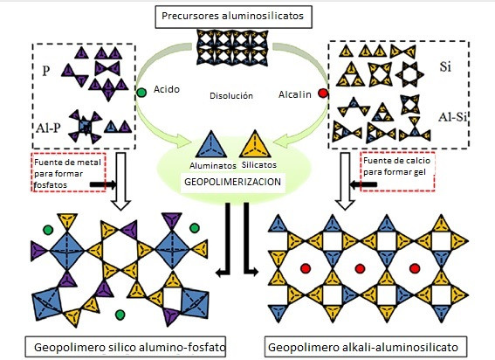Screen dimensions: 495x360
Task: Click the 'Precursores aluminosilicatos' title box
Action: (x=233, y=17)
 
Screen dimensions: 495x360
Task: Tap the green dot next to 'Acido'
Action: (x=141, y=93)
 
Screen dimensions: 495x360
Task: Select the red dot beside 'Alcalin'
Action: (x=323, y=93)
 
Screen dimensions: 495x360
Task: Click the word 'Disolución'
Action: (x=231, y=95)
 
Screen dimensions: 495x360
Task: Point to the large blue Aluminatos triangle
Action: (x=211, y=146)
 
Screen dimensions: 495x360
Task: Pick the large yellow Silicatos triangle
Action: (x=255, y=145)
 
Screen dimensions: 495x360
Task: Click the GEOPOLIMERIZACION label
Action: (x=233, y=182)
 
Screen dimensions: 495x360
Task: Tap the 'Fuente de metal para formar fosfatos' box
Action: (x=68, y=172)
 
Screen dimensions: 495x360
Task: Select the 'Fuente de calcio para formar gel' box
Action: (x=397, y=171)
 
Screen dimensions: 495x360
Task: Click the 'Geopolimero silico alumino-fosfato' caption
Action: (x=126, y=347)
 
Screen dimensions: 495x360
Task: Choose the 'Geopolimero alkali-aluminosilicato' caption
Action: (x=366, y=347)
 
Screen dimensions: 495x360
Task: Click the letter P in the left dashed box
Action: (x=46, y=71)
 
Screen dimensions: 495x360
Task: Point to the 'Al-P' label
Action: (x=48, y=128)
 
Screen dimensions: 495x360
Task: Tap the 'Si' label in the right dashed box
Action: (x=445, y=67)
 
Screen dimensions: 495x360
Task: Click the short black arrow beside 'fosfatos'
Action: (x=103, y=184)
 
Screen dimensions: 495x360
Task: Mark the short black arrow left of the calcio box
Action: (x=364, y=184)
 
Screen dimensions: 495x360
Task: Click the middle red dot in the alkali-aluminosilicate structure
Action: (x=360, y=268)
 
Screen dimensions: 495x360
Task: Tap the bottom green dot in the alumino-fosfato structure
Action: (x=120, y=315)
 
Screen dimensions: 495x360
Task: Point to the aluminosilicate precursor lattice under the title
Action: (x=232, y=47)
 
